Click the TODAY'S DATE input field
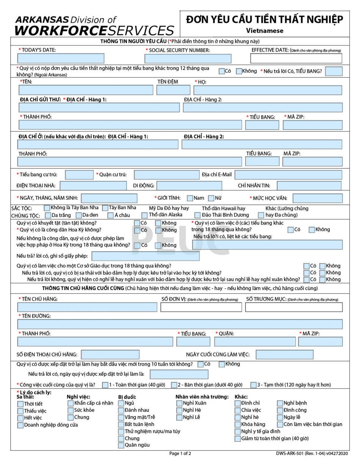61,58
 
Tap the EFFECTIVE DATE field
296,58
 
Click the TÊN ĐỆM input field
173,90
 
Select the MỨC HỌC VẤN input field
318,198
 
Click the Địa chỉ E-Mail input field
288,175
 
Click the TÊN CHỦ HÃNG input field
87,307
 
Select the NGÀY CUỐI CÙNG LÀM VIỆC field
287,355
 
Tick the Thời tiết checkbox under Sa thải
20,404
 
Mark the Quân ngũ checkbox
121,445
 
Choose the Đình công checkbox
280,410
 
